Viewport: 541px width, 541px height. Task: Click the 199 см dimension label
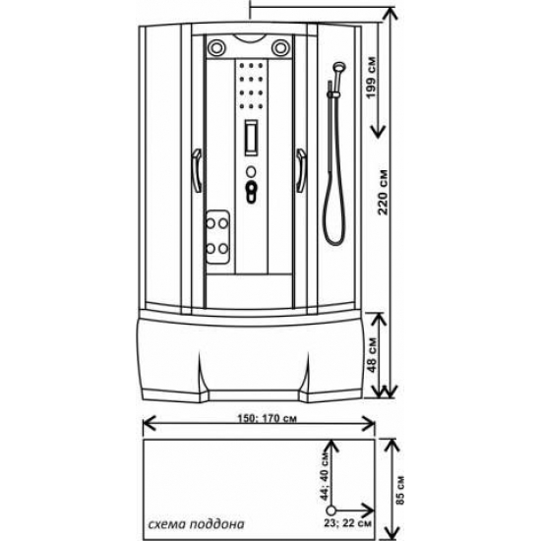[x=371, y=78]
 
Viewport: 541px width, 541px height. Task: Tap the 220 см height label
[x=383, y=192]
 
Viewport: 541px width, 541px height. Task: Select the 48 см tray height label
[x=372, y=355]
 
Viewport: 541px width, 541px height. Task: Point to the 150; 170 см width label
[x=267, y=418]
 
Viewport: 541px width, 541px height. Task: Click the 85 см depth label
[x=400, y=490]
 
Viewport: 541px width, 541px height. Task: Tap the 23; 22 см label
[x=348, y=523]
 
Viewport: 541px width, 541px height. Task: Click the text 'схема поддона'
[x=196, y=524]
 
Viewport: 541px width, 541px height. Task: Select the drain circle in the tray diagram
[x=331, y=511]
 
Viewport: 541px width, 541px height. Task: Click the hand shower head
[x=339, y=66]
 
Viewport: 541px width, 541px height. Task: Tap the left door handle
[x=197, y=170]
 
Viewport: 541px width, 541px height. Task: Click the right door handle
[x=301, y=170]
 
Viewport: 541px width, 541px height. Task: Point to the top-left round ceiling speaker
[x=216, y=47]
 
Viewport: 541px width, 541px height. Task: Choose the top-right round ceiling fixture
[x=280, y=47]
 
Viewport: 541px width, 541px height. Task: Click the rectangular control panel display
[x=251, y=138]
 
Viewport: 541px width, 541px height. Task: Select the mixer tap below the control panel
[x=251, y=192]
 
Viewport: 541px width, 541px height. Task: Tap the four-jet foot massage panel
[x=218, y=237]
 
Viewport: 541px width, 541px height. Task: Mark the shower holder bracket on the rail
[x=333, y=94]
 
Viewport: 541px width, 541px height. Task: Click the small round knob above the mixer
[x=251, y=171]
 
